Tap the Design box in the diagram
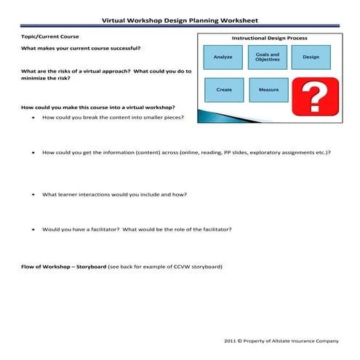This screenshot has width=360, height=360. tap(311, 57)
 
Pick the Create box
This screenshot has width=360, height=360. tap(224, 89)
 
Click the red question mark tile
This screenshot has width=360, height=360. tap(312, 97)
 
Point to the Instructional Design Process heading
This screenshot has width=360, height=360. tap(269, 38)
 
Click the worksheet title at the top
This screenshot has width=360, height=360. tap(180, 21)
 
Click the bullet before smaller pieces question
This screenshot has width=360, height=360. tap(34, 117)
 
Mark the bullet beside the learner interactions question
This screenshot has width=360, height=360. tap(34, 195)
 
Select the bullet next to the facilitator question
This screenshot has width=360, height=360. tap(34, 230)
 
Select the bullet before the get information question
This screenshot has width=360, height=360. tap(34, 153)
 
